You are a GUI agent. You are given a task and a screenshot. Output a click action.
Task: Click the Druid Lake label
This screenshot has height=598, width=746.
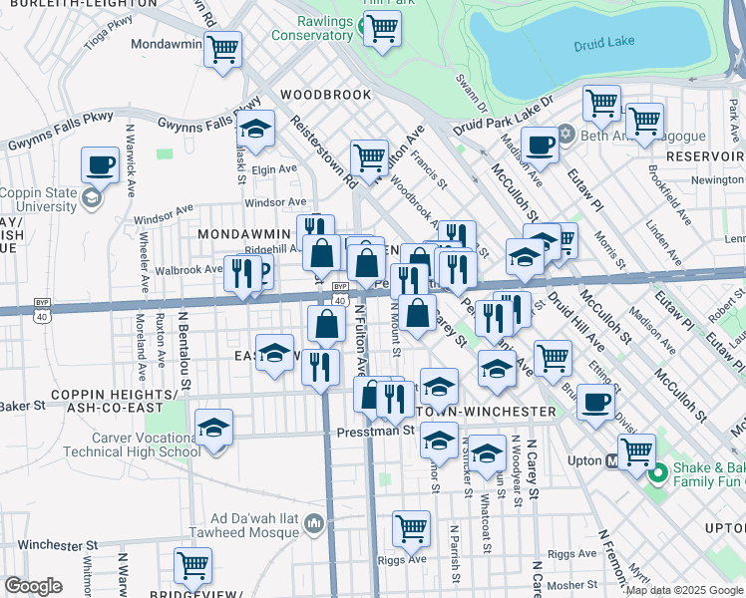click(603, 45)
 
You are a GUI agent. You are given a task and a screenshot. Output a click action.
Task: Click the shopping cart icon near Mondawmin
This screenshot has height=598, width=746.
click(222, 49)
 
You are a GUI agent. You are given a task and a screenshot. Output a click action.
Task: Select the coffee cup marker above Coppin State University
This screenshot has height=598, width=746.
click(100, 164)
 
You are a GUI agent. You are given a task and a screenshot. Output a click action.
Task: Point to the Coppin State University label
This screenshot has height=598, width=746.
click(40, 199)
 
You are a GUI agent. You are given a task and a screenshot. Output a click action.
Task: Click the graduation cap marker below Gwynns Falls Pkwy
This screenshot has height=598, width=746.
click(255, 129)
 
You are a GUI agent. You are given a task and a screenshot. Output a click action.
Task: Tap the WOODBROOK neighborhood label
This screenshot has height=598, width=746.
click(325, 95)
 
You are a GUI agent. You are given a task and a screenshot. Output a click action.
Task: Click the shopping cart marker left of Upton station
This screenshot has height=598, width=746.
click(636, 450)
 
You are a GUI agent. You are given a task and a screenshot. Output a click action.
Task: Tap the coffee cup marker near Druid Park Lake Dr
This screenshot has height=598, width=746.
click(540, 145)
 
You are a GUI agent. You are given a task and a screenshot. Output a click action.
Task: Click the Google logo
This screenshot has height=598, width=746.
click(34, 586)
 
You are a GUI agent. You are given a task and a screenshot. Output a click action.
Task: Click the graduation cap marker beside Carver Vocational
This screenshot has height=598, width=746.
click(213, 428)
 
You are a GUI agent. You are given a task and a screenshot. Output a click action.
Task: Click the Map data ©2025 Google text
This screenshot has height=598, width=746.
click(684, 591)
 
